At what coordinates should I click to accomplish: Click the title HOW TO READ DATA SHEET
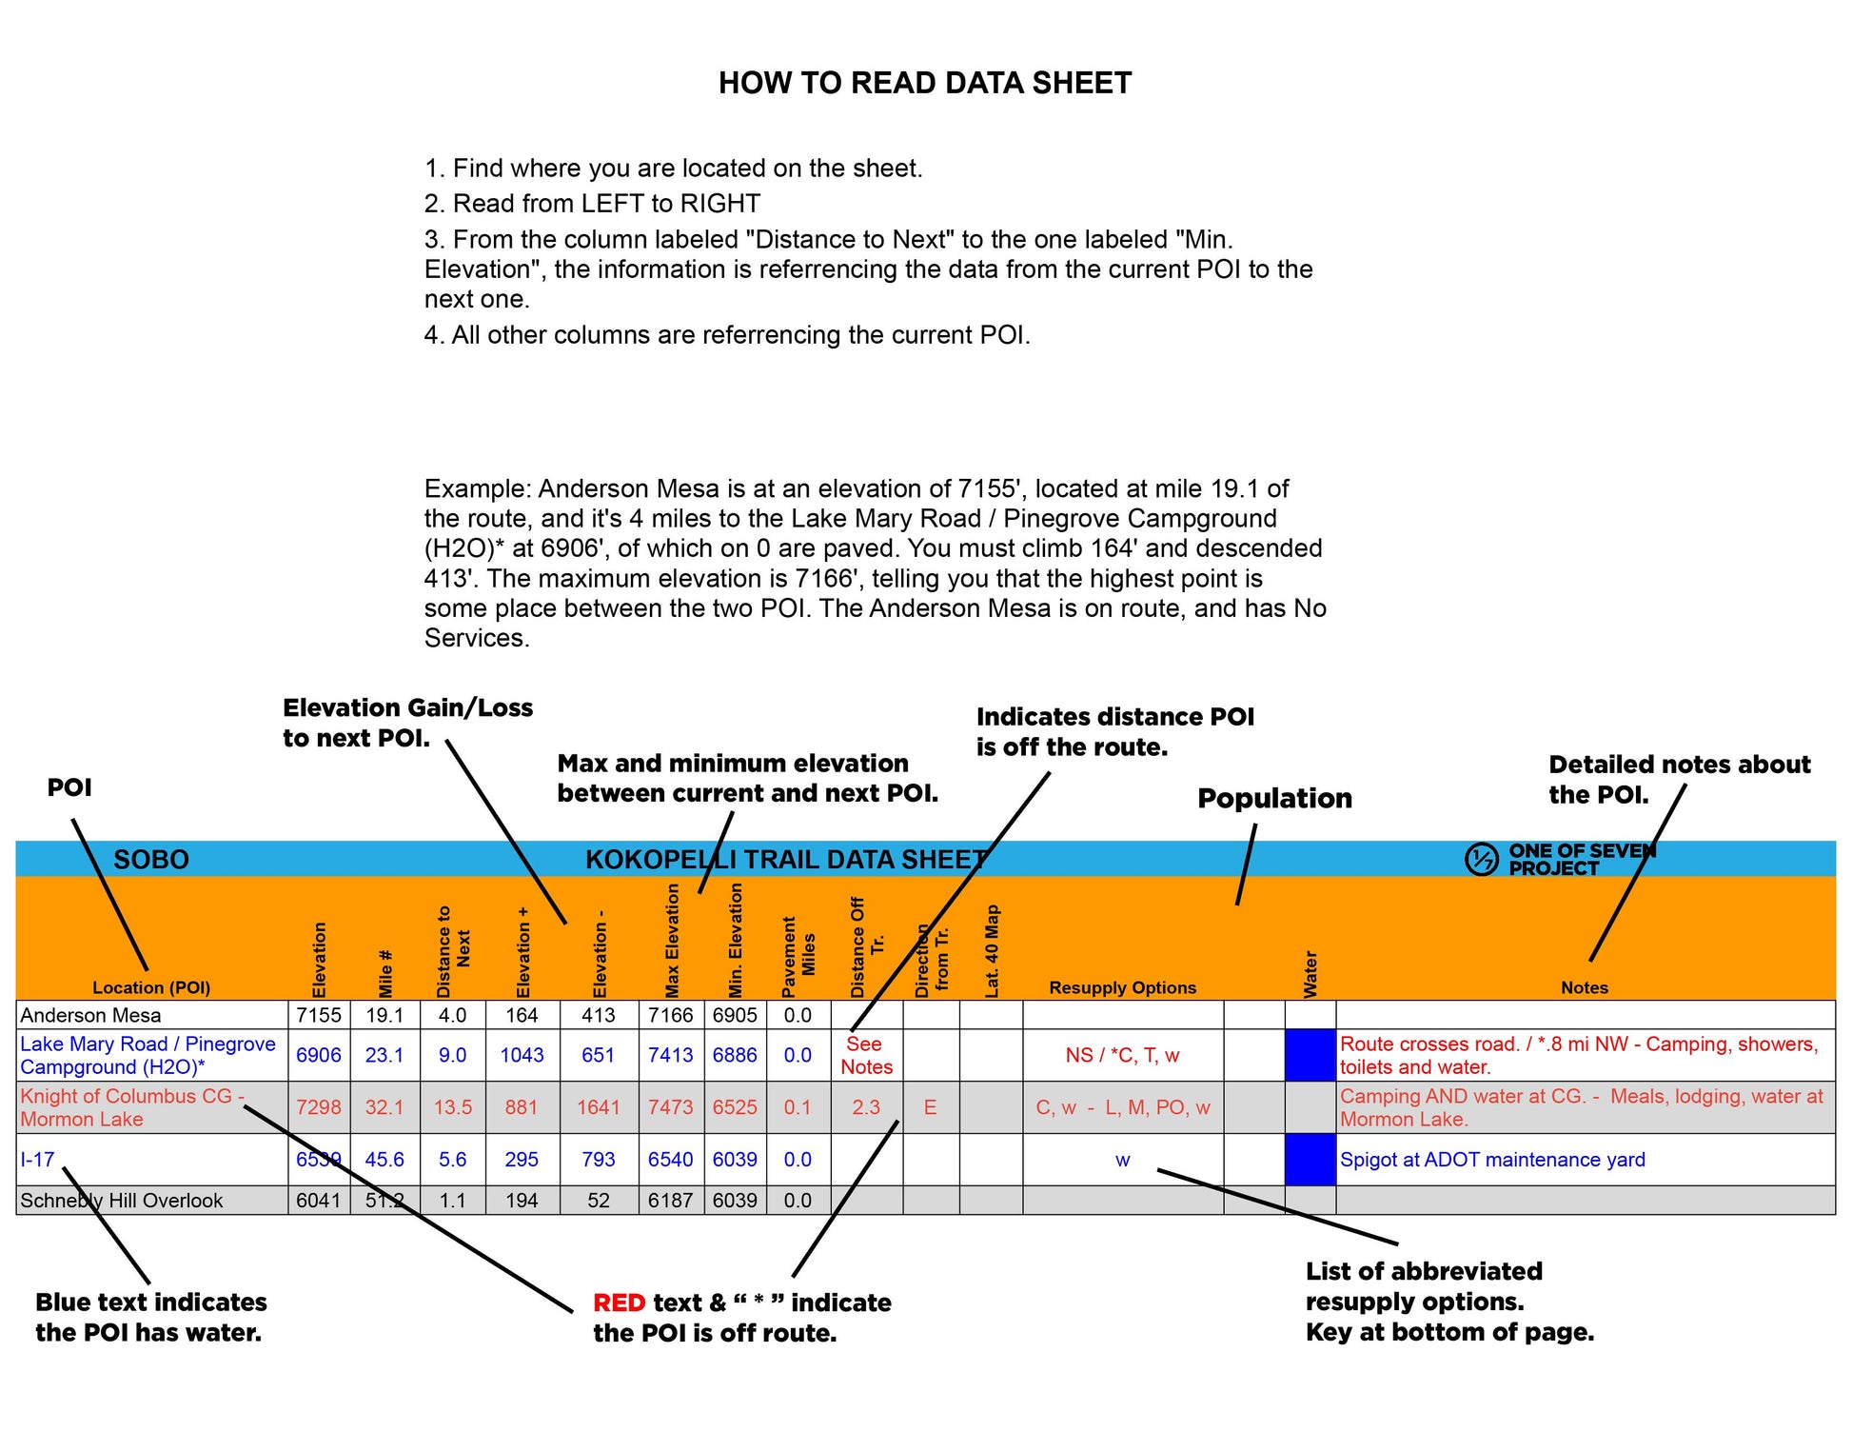[924, 83]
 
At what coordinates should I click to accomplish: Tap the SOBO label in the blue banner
[151, 860]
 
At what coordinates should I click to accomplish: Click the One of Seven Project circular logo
[1481, 859]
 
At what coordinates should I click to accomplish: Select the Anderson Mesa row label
[90, 1015]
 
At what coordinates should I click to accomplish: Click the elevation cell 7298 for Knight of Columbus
[318, 1107]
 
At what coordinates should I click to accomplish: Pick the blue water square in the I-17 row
[1310, 1160]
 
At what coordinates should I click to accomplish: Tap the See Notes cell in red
[866, 1055]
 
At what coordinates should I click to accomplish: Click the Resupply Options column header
[1122, 987]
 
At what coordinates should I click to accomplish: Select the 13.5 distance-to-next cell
[453, 1107]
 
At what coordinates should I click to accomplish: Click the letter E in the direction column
[930, 1107]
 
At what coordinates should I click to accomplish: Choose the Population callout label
[1274, 798]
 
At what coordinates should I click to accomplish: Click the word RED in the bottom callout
[619, 1303]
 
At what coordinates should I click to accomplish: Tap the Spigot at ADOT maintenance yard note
[1491, 1160]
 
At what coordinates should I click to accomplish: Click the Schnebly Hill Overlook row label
[121, 1201]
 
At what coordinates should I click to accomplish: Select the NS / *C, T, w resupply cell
[1122, 1055]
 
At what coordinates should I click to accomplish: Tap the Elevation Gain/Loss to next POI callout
[407, 722]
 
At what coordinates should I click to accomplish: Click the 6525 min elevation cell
[735, 1107]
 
